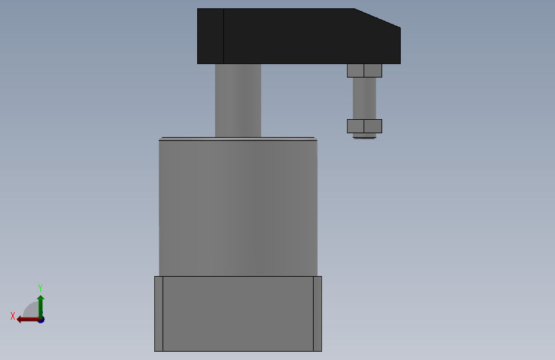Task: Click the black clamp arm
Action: click(x=299, y=36)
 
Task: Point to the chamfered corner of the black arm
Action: click(x=378, y=18)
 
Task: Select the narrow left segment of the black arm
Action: click(x=210, y=36)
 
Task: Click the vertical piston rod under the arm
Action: click(x=238, y=101)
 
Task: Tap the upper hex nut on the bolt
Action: click(x=365, y=70)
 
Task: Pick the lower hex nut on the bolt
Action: click(x=365, y=126)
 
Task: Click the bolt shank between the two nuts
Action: click(x=365, y=98)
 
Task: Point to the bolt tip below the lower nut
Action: click(x=365, y=136)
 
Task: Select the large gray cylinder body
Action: click(x=238, y=208)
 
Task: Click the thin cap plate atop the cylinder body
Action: click(x=238, y=139)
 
